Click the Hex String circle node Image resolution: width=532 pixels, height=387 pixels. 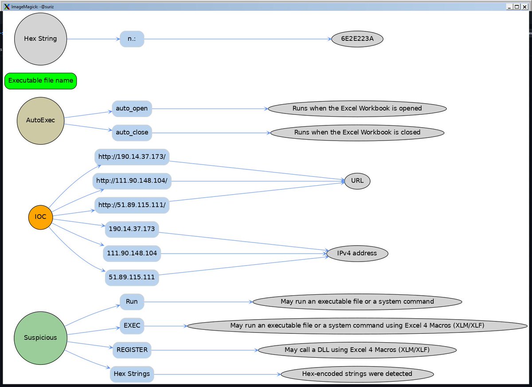40,39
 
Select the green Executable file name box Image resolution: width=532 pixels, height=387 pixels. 41,81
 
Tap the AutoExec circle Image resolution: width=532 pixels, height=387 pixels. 40,120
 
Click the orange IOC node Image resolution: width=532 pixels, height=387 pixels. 40,217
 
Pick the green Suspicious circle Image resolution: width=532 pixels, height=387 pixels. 40,337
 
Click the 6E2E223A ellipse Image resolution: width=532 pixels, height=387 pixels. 357,39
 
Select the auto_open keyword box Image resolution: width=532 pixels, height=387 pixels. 132,108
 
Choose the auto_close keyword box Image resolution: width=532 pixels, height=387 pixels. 132,132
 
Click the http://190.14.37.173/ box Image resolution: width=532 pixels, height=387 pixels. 132,157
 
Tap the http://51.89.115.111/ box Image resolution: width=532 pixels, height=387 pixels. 132,205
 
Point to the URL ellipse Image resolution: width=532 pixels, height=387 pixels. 357,181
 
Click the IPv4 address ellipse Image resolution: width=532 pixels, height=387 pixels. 357,253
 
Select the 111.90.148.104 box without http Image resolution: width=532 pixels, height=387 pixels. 132,254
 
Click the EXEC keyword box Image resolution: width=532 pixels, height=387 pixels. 132,326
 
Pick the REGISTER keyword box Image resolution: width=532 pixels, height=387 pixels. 132,350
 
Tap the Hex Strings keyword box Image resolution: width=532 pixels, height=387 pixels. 132,374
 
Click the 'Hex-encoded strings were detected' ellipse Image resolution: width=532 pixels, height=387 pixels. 357,374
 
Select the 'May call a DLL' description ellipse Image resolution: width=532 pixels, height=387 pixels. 357,350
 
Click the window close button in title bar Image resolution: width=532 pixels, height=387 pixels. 525,7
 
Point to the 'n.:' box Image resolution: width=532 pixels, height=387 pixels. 132,39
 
